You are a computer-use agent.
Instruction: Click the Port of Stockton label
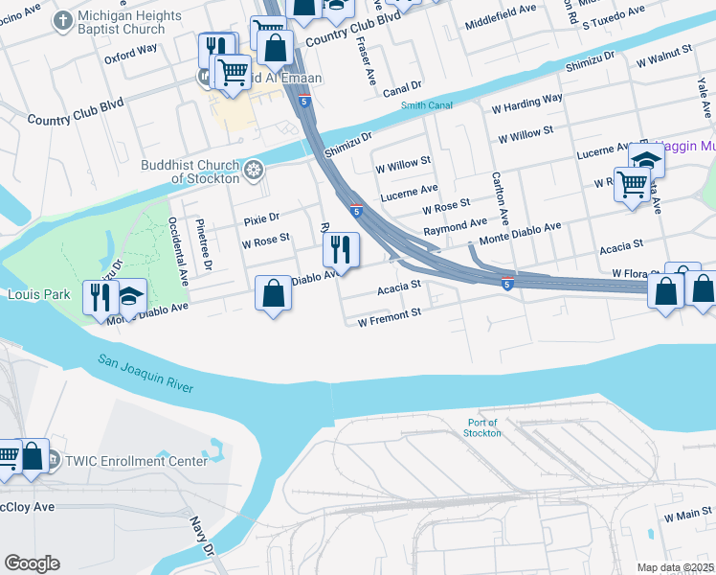pos(484,427)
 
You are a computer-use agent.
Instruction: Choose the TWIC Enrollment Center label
pos(135,461)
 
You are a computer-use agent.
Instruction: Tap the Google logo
pos(32,563)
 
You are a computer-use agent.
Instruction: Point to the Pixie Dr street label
pos(260,219)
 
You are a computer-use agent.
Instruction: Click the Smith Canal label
pos(426,106)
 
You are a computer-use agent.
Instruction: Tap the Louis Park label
pos(38,295)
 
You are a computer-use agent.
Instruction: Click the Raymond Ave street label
pos(456,227)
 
